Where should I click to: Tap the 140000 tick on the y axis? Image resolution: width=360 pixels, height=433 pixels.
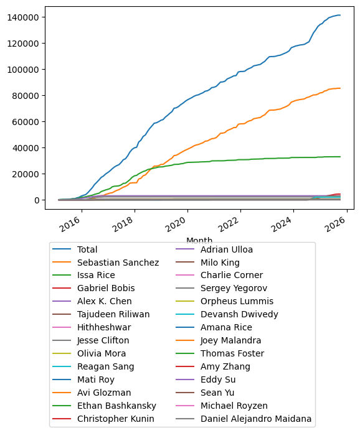point(24,17)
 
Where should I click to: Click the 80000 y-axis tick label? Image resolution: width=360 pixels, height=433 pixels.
point(27,95)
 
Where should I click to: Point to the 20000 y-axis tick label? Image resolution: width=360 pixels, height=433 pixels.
point(27,174)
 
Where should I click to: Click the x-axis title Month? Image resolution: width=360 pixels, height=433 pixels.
point(199,240)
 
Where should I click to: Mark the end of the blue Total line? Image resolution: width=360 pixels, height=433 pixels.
point(340,15)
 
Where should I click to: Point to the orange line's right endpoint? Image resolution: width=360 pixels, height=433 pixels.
point(340,88)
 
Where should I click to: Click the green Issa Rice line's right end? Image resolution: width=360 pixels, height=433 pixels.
point(340,157)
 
